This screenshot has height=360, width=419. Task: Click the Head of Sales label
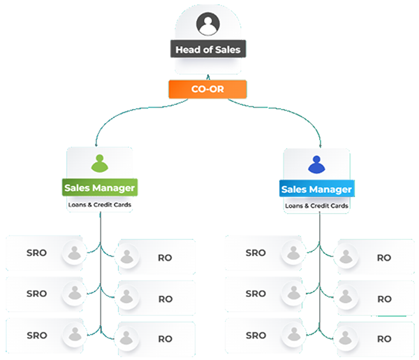point(209,50)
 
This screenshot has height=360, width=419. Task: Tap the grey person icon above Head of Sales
point(207,26)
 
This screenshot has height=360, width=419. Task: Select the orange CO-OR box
point(207,89)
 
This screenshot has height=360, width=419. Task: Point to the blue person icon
point(316,164)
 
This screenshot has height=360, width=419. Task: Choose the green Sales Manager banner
point(101,187)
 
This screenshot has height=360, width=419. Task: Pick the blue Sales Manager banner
point(317,189)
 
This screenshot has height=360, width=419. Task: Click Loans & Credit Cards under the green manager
point(101,205)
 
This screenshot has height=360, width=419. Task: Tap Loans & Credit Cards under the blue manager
point(317,206)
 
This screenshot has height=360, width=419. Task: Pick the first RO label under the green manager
point(166,257)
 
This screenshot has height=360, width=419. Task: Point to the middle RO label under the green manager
point(166,298)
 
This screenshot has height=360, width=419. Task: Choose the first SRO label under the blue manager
point(256,253)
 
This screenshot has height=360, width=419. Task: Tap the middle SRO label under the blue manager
point(256,294)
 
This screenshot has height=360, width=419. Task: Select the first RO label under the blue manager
point(384,257)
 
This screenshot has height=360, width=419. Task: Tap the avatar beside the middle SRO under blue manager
point(293,294)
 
